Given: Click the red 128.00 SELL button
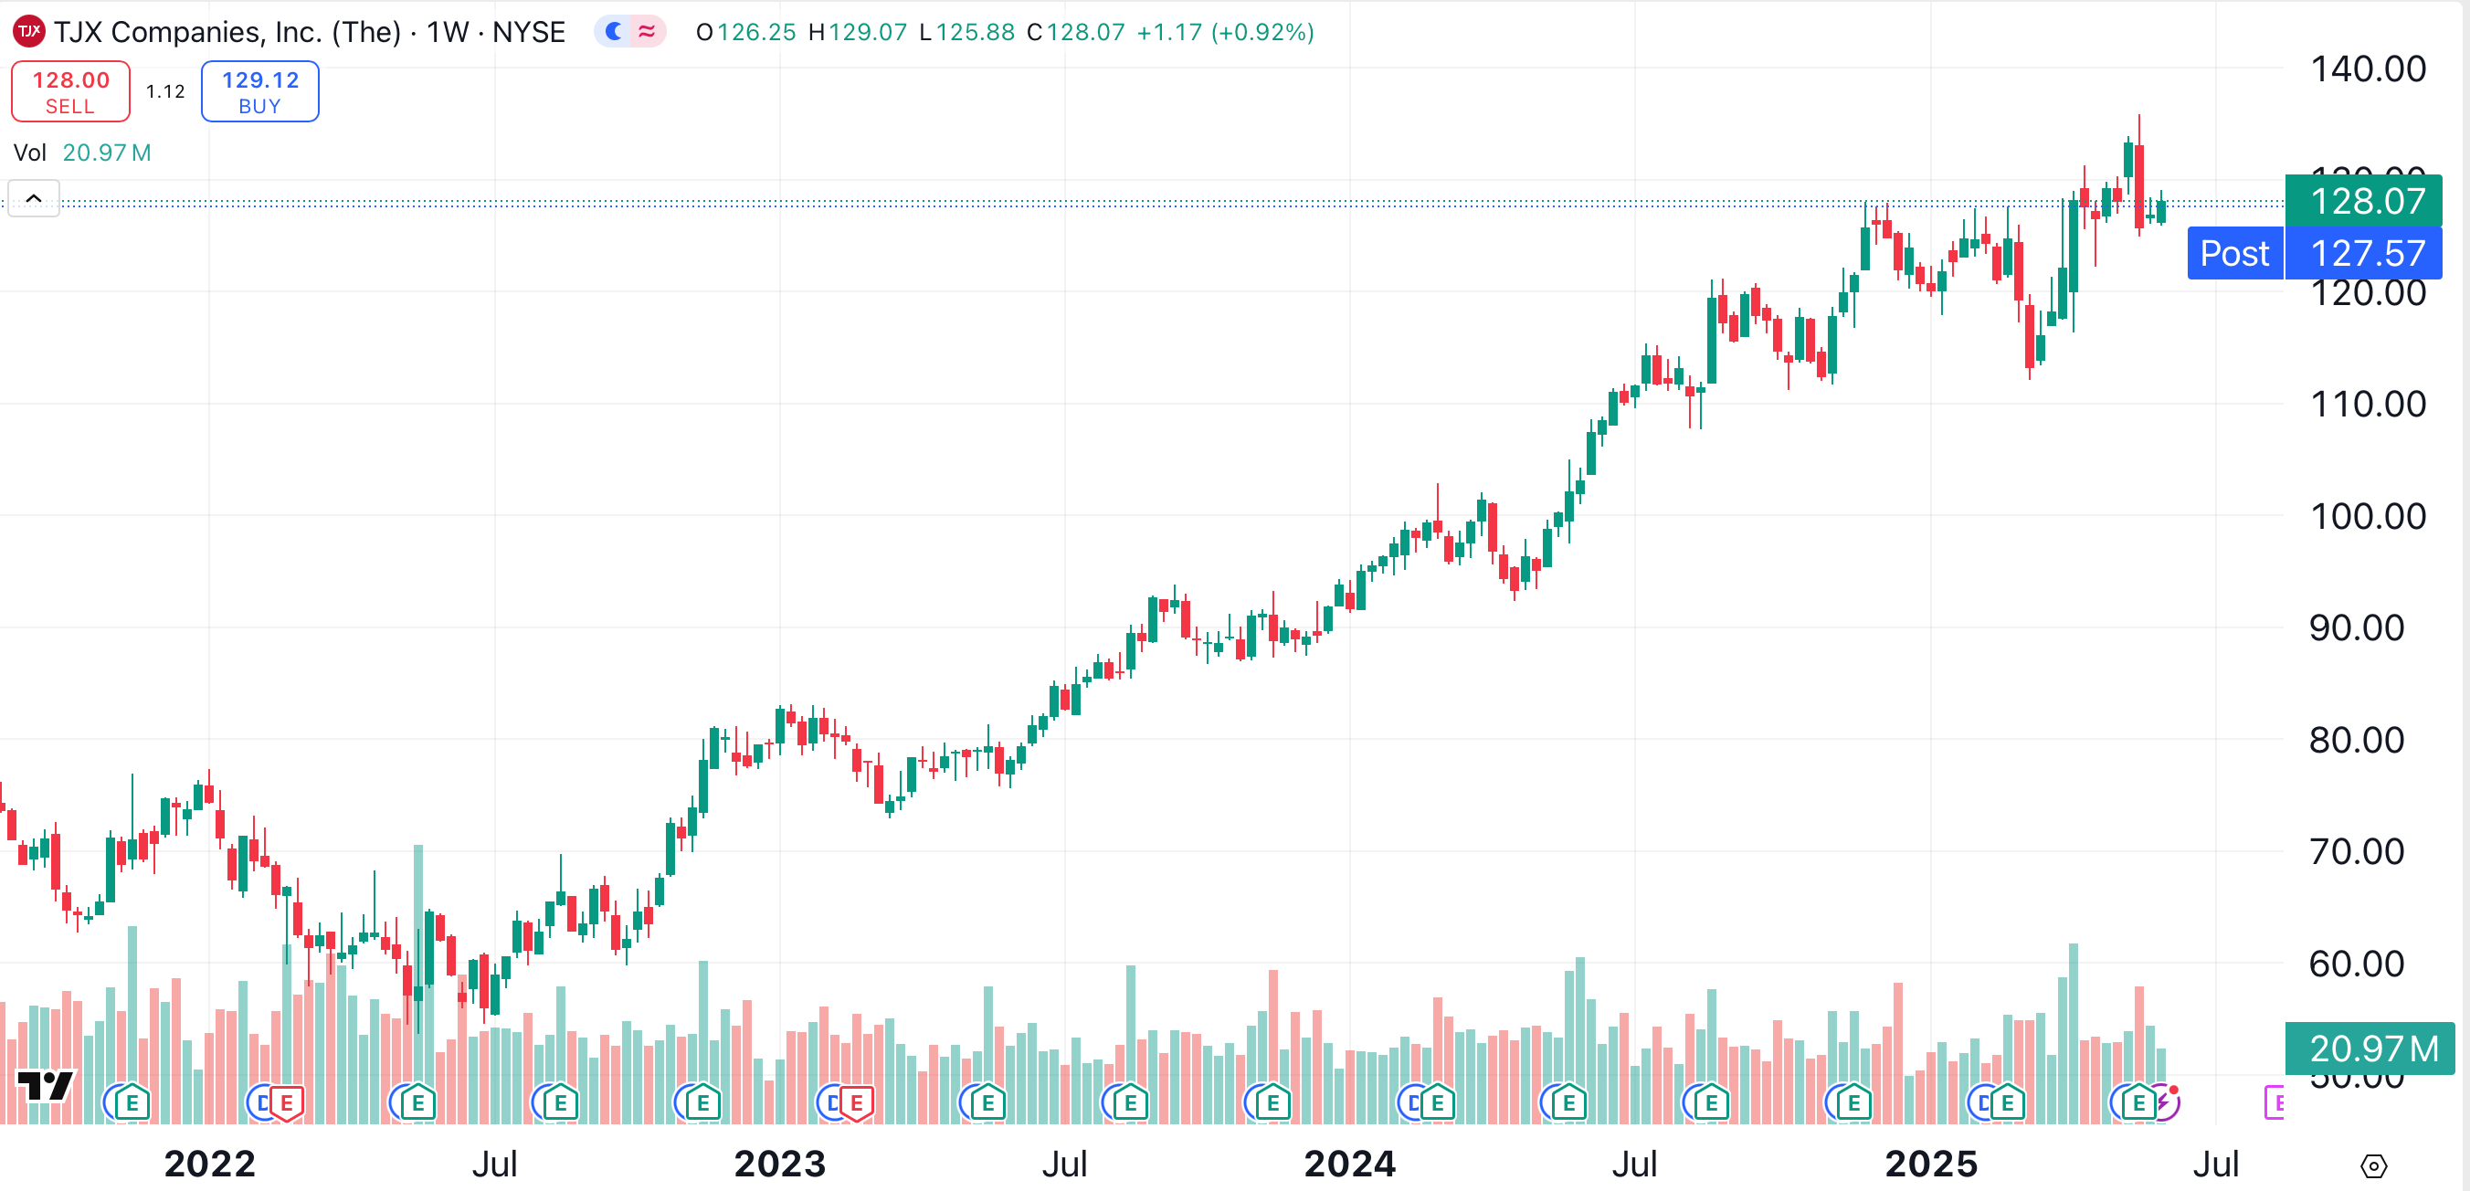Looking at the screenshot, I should [x=70, y=91].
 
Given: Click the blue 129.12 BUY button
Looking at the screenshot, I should [x=259, y=91].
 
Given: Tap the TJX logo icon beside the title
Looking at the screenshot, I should [x=28, y=32].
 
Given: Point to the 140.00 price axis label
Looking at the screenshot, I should [x=2368, y=69].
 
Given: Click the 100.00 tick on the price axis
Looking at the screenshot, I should [x=2368, y=516].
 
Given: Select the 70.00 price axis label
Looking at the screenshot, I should [x=2356, y=851].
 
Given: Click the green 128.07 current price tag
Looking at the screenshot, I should [x=2366, y=201].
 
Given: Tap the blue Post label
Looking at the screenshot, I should [x=2234, y=253].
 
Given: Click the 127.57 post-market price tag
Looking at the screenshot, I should [x=2367, y=253].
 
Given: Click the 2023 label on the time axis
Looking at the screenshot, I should [x=779, y=1165].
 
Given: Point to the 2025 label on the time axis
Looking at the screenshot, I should [x=1930, y=1165].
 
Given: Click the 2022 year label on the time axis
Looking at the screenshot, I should [x=209, y=1165].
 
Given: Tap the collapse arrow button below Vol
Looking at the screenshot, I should [x=34, y=198].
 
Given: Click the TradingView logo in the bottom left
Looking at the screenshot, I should [x=44, y=1086].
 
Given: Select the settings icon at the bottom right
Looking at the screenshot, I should [x=2372, y=1166].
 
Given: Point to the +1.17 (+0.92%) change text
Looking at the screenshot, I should [x=1224, y=32].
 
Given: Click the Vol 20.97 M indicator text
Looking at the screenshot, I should [x=82, y=153].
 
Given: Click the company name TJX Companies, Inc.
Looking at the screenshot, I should [x=227, y=32].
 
